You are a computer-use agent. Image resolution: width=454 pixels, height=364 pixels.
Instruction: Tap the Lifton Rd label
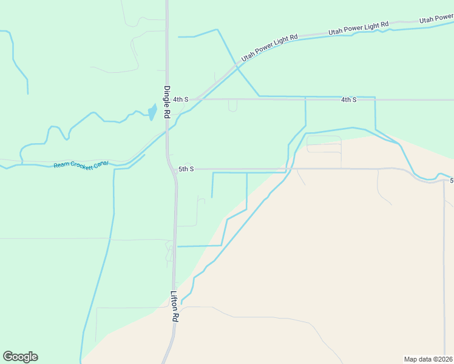[174, 307]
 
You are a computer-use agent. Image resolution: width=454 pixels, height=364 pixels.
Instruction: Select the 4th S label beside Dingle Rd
[180, 99]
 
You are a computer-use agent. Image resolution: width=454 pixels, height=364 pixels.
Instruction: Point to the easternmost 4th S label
[348, 99]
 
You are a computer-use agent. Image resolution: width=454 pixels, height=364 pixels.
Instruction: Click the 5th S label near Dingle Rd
[186, 169]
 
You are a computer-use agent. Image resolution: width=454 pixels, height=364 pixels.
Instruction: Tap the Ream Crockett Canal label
[81, 164]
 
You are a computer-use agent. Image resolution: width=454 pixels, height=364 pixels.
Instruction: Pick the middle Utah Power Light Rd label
[358, 28]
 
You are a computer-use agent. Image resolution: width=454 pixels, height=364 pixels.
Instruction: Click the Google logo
[20, 357]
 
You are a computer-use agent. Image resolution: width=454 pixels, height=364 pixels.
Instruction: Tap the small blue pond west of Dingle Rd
[152, 112]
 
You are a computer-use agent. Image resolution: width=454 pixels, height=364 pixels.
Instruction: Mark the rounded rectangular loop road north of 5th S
[324, 144]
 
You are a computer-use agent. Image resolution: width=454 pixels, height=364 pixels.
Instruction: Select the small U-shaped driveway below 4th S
[232, 106]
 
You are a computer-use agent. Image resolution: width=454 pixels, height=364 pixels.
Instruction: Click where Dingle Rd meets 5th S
[171, 169]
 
